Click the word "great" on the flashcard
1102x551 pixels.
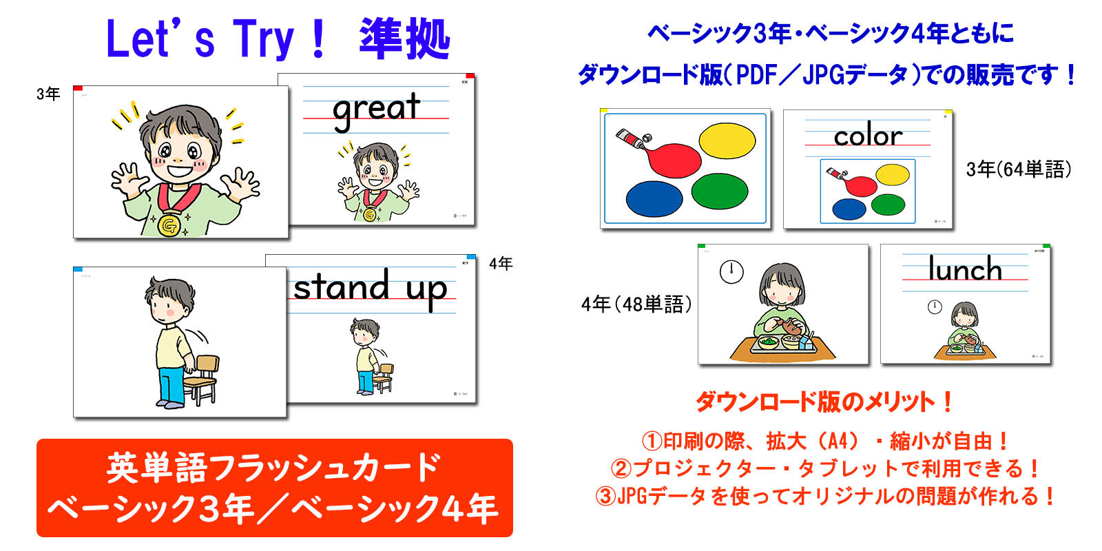tap(376, 110)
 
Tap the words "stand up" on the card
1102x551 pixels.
tap(371, 288)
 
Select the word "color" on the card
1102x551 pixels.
tap(868, 136)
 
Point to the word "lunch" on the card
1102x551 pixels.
tap(964, 269)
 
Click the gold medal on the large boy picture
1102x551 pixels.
tap(169, 224)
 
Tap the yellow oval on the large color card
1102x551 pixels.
tap(727, 141)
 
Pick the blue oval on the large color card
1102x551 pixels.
tap(654, 198)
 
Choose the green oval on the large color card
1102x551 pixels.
tap(720, 191)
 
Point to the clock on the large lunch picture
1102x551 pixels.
tap(731, 271)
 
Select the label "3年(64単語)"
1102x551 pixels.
tap(1019, 169)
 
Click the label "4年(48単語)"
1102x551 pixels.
tap(636, 304)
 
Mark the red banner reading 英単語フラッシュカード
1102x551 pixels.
tap(274, 488)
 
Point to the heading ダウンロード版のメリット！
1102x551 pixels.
tap(824, 402)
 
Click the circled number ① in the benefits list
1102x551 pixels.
tap(651, 441)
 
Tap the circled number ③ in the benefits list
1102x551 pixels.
tap(605, 496)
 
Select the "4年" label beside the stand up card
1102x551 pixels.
tap(501, 264)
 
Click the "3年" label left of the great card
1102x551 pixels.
tap(48, 94)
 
